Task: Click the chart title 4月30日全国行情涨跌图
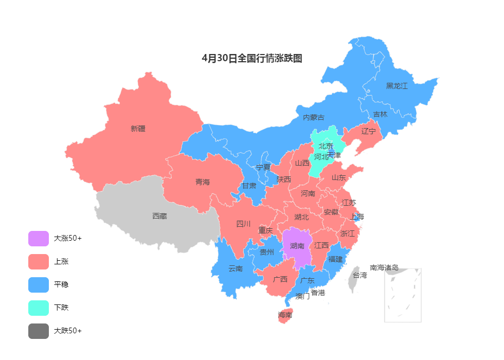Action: tap(252, 59)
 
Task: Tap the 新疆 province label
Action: tap(138, 129)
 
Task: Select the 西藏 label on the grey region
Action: tap(159, 216)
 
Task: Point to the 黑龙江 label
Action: tap(397, 86)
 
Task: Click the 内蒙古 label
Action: tap(313, 117)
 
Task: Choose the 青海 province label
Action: tap(203, 182)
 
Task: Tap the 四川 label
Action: tap(243, 224)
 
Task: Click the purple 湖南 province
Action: tap(297, 247)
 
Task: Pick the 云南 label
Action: tap(236, 268)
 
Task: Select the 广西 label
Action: tap(280, 279)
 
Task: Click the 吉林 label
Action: tap(380, 114)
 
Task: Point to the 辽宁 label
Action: tap(368, 131)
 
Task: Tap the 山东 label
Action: tap(338, 177)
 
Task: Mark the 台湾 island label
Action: tap(360, 275)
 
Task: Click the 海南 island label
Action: tap(285, 315)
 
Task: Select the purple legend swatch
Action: tap(39, 239)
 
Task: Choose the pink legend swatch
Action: tap(39, 262)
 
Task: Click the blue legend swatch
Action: tap(39, 285)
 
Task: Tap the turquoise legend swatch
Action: tap(39, 308)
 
